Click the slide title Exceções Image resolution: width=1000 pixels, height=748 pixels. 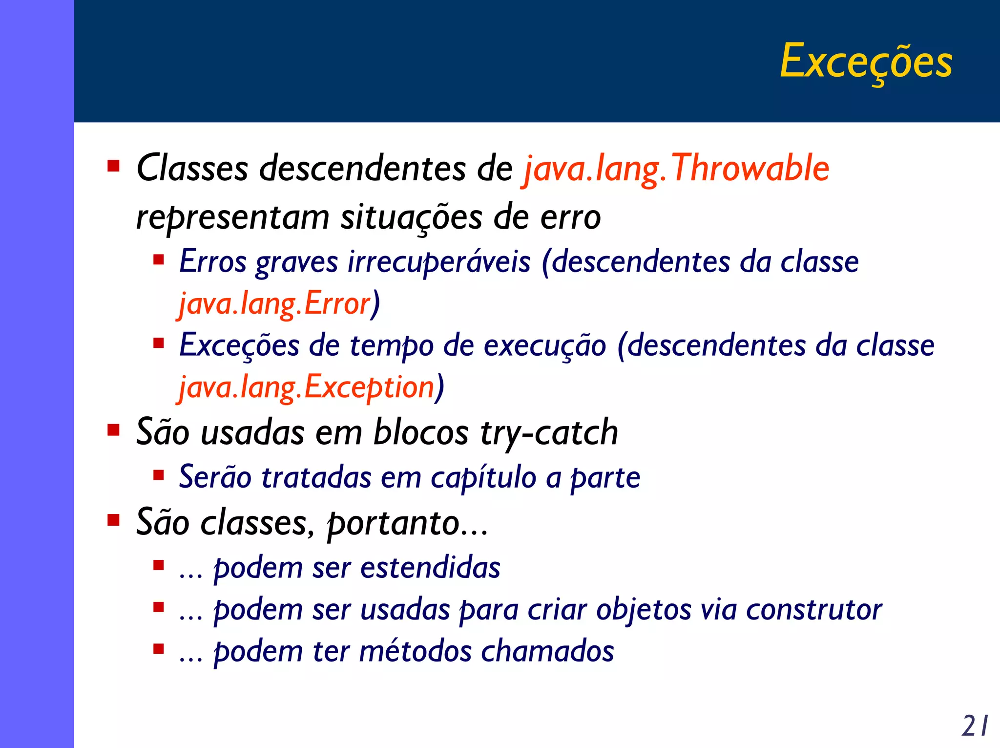[x=866, y=62]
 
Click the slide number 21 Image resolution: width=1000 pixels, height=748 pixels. [x=975, y=726]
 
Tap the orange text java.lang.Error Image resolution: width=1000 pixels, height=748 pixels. [x=275, y=304]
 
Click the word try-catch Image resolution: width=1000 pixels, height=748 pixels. [x=549, y=432]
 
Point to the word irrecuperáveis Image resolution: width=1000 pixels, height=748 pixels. [x=438, y=262]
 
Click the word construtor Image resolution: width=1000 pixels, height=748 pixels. [x=813, y=610]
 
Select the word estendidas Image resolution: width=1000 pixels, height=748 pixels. [x=430, y=568]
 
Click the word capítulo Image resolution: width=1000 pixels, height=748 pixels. [x=483, y=477]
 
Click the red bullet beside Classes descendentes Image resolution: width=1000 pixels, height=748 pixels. [x=113, y=166]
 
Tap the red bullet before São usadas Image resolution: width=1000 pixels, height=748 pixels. [x=113, y=430]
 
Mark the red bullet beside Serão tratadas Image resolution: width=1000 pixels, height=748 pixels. [x=158, y=475]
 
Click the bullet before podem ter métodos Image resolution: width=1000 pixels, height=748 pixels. [x=158, y=649]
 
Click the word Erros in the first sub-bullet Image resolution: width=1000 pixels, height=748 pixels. [x=213, y=262]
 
